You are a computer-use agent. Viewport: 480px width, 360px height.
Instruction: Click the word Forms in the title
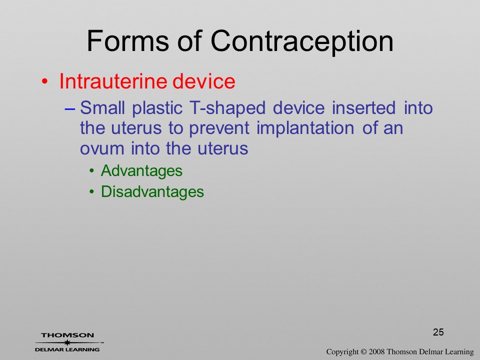128,41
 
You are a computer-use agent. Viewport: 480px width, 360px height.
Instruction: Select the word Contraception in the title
302,42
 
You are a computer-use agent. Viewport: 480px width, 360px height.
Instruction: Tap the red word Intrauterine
113,81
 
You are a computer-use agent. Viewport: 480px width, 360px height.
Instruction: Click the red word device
204,81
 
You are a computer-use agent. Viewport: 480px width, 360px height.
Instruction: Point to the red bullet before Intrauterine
44,81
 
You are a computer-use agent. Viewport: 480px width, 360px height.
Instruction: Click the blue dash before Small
70,108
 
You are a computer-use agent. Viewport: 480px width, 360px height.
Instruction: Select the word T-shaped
227,108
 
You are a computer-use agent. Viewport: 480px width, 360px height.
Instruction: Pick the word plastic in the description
157,108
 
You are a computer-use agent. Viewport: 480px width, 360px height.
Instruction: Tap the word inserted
363,108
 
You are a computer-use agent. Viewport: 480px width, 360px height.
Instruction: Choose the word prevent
219,129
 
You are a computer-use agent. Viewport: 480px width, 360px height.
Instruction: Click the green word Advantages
141,171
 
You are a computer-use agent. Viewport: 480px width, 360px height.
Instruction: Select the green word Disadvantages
152,191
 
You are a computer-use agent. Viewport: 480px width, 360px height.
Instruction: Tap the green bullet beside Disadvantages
92,192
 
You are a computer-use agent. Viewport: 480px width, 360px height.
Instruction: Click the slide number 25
438,332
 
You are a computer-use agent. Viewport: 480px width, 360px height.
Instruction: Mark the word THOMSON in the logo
67,335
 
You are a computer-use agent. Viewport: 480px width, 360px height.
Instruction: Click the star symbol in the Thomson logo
67,342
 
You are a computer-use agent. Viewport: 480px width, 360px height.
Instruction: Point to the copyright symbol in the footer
363,352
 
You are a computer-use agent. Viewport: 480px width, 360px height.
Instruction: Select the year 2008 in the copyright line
376,352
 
